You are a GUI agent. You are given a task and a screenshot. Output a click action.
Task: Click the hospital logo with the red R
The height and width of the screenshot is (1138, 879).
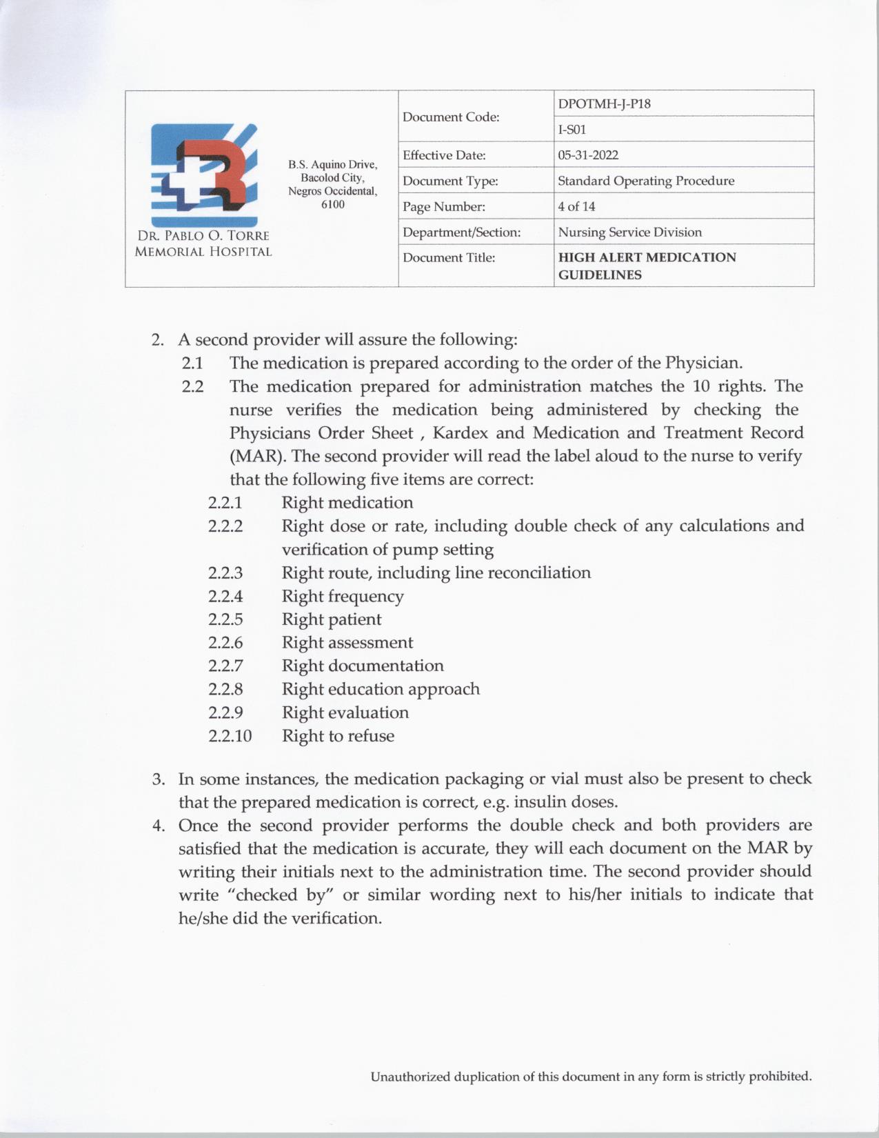pyautogui.click(x=203, y=172)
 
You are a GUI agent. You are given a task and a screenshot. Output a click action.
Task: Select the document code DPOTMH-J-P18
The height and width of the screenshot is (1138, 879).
pyautogui.click(x=604, y=104)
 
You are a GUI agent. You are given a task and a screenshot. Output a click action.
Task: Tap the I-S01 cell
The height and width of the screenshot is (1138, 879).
pyautogui.click(x=572, y=130)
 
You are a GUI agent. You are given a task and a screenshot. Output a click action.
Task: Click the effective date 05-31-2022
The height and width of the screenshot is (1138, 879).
pyautogui.click(x=588, y=155)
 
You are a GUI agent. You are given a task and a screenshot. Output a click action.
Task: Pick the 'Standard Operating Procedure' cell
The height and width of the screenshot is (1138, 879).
pyautogui.click(x=646, y=181)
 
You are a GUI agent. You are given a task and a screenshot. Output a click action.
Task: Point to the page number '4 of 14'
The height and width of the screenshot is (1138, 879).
pyautogui.click(x=576, y=206)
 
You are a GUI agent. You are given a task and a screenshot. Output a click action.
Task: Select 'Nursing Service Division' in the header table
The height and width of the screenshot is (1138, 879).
pyautogui.click(x=629, y=232)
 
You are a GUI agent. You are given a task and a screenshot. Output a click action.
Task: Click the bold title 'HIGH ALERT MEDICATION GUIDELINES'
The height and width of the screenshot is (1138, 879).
pyautogui.click(x=647, y=266)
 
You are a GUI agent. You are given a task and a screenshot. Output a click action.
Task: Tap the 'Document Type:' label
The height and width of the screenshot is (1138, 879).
pyautogui.click(x=450, y=181)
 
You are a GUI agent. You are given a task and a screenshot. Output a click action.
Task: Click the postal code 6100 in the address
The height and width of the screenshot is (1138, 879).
pyautogui.click(x=333, y=205)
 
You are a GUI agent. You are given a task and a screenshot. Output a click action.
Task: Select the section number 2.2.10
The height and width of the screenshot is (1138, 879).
pyautogui.click(x=230, y=736)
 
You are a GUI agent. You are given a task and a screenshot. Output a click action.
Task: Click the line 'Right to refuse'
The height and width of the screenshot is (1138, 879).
pyautogui.click(x=338, y=736)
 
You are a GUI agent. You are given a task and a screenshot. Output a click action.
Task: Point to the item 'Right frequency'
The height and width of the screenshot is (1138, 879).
pyautogui.click(x=343, y=596)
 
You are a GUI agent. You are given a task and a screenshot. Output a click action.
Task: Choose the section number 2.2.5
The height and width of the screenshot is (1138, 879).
pyautogui.click(x=225, y=619)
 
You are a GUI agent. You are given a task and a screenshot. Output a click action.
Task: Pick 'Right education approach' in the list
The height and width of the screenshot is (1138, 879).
pyautogui.click(x=381, y=689)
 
